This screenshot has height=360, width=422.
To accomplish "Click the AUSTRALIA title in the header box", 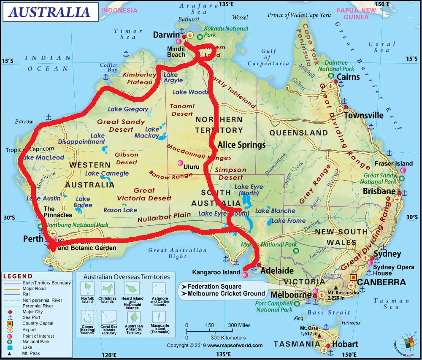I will (50, 12).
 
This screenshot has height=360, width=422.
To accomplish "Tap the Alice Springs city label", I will (241, 145).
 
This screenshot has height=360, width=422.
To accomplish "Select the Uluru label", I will (191, 167).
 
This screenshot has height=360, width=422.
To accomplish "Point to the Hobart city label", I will (345, 344).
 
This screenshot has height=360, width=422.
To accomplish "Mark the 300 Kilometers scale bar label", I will (228, 338).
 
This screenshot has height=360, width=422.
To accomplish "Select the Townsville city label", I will (364, 115).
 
